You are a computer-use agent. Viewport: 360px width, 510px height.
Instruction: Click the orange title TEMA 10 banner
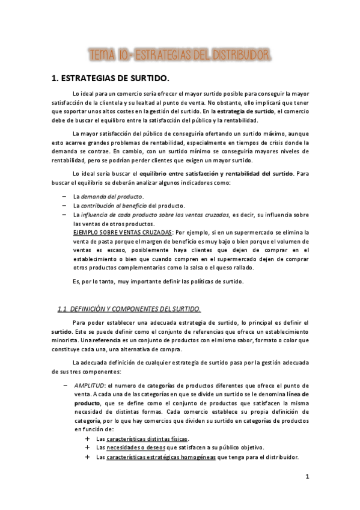point(179,55)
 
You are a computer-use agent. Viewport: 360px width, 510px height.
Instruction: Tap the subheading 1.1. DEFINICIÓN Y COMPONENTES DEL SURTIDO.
point(129,309)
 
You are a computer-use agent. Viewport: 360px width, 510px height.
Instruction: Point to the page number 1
point(307,478)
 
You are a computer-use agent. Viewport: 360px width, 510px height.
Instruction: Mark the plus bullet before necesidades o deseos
point(88,448)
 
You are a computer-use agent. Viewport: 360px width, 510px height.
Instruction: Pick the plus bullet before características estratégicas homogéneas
point(88,457)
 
